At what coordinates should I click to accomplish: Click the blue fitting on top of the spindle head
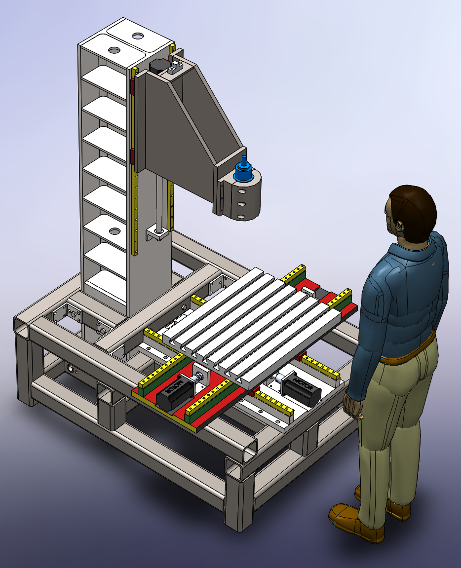tap(243, 170)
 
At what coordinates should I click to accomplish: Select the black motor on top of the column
tap(157, 66)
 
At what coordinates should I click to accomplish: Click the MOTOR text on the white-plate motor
tap(304, 384)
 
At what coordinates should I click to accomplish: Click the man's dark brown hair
tap(415, 210)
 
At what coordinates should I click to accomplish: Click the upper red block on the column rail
tap(132, 85)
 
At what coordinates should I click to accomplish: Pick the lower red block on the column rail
tap(132, 156)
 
